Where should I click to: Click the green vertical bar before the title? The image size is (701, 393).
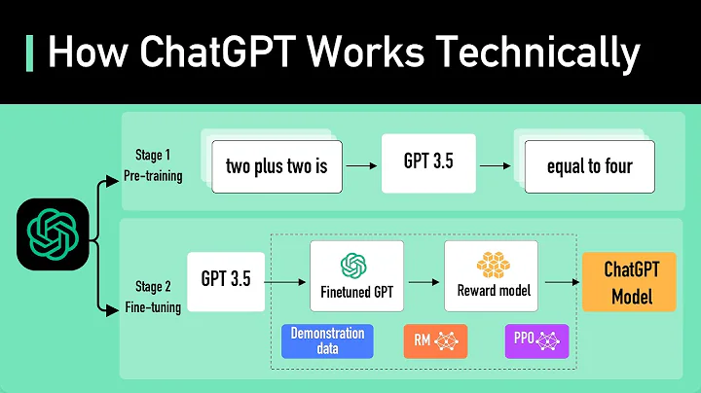click(28, 51)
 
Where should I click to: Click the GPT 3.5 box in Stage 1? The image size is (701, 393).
click(428, 161)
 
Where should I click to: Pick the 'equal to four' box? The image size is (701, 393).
click(590, 165)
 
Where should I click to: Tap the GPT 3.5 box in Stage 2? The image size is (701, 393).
click(226, 279)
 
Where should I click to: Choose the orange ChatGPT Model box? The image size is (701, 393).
click(628, 282)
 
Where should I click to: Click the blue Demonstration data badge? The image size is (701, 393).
click(327, 340)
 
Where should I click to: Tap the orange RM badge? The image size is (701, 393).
click(435, 340)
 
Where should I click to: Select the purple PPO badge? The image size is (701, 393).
click(538, 340)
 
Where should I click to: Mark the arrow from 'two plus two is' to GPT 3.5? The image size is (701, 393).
click(361, 165)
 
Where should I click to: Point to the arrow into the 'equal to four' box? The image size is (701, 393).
click(496, 165)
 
